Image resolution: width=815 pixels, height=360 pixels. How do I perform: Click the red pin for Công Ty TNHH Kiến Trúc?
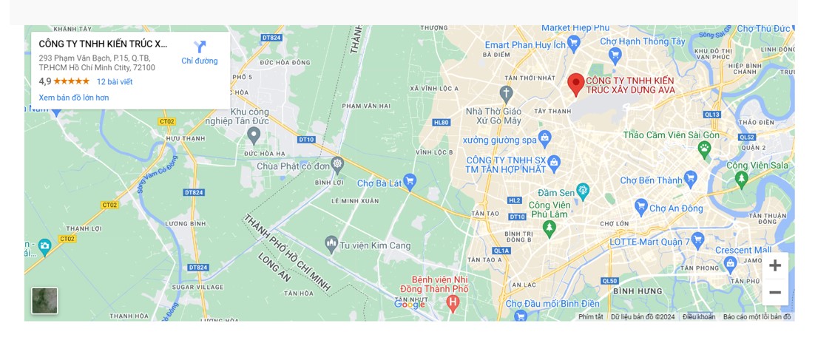[575, 84]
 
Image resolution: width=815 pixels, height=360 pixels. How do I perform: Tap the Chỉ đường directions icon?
[200, 47]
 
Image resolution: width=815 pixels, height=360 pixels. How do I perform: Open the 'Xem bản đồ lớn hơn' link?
[74, 98]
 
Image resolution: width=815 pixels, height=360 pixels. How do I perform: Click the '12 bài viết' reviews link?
[115, 81]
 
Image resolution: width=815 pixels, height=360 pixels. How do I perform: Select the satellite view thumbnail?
[44, 300]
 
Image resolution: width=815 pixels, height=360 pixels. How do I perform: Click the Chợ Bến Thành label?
[651, 180]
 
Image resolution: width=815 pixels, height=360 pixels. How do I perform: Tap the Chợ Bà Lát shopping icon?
[410, 180]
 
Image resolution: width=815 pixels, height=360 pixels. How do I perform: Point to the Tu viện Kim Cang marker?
[331, 242]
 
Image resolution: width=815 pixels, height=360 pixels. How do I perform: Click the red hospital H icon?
[453, 302]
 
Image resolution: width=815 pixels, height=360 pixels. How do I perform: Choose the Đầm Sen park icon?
[583, 190]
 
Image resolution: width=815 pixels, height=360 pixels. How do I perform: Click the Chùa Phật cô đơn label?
[293, 166]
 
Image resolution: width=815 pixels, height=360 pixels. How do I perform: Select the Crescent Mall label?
[743, 250]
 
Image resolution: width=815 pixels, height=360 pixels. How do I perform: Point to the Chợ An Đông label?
[676, 208]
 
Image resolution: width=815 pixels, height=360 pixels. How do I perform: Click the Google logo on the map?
[410, 304]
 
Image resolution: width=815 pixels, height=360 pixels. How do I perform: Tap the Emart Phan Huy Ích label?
[525, 45]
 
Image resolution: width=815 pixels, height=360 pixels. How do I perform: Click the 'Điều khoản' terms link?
[698, 317]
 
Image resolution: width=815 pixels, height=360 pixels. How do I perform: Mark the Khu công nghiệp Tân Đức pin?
[254, 135]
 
